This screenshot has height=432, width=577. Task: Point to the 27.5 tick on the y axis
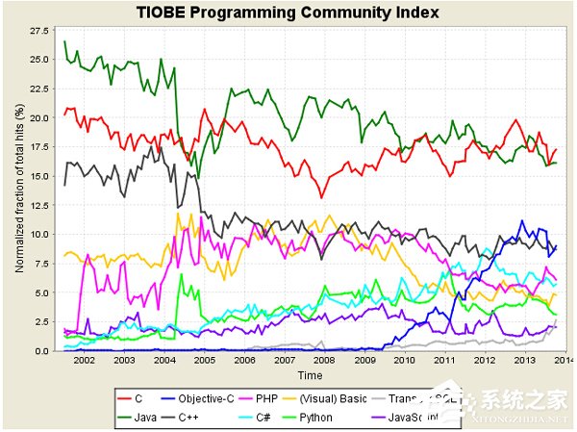[x=39, y=31]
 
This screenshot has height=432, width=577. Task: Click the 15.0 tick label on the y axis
[x=39, y=176]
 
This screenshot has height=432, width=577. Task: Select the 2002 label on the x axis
[x=84, y=360]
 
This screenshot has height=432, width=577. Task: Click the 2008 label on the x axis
[x=322, y=360]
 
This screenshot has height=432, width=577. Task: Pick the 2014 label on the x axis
[x=561, y=360]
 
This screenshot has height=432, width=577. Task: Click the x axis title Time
[x=310, y=374]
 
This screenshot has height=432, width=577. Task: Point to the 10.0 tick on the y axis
[x=39, y=235]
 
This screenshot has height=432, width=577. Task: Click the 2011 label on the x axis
[x=441, y=360]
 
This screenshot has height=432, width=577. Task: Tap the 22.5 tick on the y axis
[x=39, y=89]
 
